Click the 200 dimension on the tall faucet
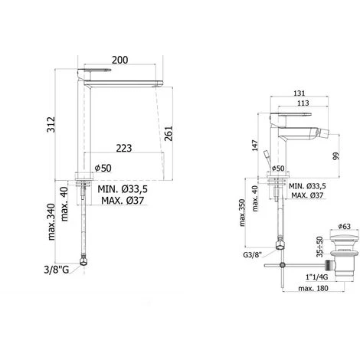[120, 60]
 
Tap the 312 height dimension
[51, 124]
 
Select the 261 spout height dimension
[169, 133]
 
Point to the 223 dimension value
[124, 148]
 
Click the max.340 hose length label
[52, 221]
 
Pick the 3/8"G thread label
[57, 270]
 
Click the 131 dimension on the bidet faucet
[299, 93]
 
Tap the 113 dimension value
[303, 103]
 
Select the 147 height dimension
[255, 146]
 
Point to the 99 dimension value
[336, 155]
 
